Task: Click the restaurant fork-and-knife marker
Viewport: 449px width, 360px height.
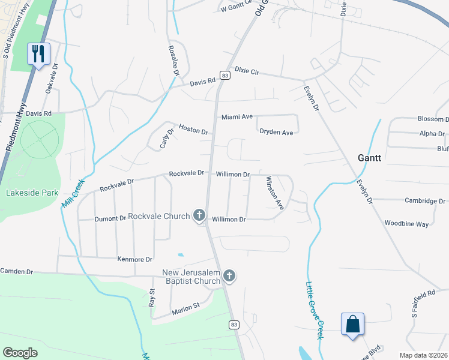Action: tap(38, 54)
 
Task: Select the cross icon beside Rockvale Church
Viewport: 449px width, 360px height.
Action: tap(199, 215)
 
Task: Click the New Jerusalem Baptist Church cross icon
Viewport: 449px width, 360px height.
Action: tap(229, 276)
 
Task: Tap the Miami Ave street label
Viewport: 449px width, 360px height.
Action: tap(237, 116)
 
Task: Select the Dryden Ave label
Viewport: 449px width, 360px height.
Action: tap(276, 132)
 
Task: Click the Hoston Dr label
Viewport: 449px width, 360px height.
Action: tap(193, 130)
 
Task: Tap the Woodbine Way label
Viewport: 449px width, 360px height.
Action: tap(407, 224)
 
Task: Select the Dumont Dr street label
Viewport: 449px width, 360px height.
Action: tap(110, 219)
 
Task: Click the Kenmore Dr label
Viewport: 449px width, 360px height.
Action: tap(134, 259)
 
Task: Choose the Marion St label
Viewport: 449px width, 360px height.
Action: tap(185, 308)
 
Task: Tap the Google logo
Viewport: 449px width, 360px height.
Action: tap(20, 353)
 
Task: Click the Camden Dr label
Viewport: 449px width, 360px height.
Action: tap(17, 271)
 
